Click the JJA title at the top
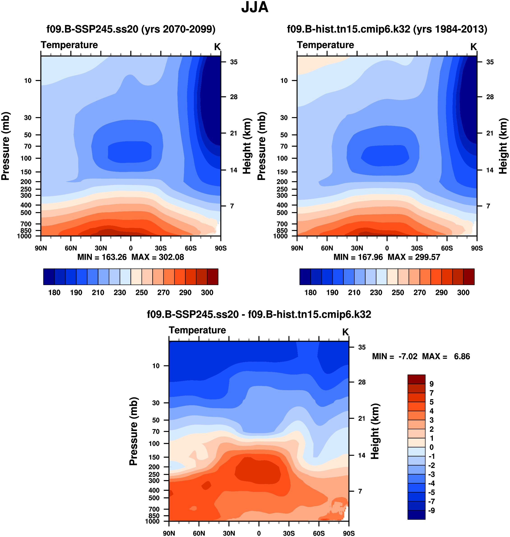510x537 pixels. coord(255,7)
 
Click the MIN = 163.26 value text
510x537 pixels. coord(102,257)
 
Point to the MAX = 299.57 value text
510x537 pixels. coord(414,257)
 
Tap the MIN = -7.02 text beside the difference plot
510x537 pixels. coord(394,356)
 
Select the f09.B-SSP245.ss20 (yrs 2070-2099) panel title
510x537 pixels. coord(131,29)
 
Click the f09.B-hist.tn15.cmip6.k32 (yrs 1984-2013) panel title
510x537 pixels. coord(387,29)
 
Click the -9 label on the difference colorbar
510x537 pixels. coord(431,511)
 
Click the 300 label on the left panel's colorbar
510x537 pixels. coord(207,293)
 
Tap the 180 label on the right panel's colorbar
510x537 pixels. coord(311,293)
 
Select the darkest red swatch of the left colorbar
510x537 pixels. coord(213,277)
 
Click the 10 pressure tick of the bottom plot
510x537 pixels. coord(156,366)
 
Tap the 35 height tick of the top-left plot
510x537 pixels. coord(234,62)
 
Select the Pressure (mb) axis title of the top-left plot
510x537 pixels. coord(5,146)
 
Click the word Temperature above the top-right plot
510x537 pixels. coord(325,45)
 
